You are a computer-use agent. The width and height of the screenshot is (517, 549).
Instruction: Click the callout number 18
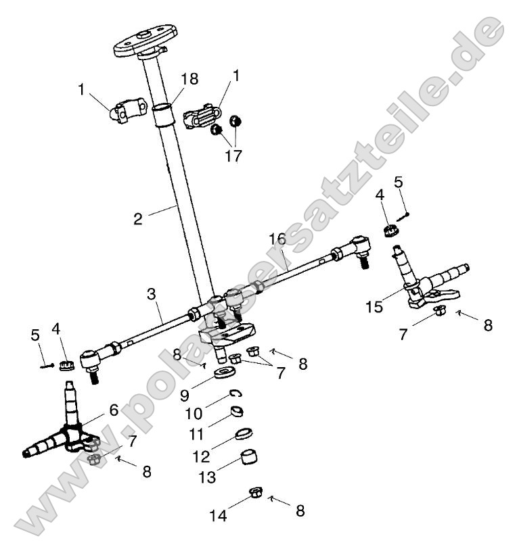[190, 80]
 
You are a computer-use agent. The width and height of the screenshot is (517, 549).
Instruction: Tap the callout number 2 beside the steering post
[138, 219]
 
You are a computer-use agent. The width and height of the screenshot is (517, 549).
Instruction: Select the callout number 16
[151, 294]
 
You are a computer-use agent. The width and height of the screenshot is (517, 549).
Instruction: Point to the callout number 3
[277, 239]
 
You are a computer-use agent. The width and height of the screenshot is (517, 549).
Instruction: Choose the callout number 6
[114, 410]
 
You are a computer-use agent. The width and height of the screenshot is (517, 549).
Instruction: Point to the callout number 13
[208, 477]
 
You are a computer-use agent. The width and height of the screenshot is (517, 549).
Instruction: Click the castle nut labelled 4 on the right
[390, 231]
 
